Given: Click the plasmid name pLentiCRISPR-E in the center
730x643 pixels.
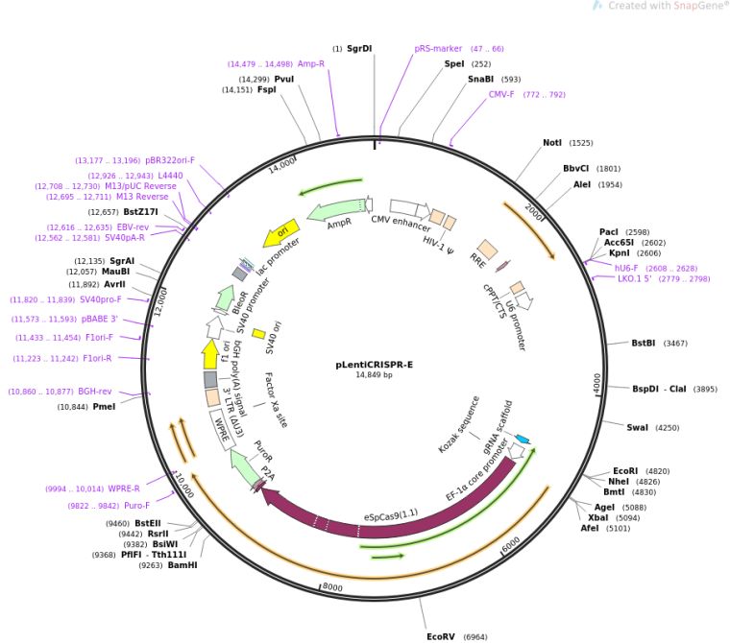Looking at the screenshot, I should [x=374, y=364].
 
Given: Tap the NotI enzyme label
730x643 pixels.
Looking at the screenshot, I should [x=552, y=143].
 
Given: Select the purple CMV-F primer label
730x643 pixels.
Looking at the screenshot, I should [x=501, y=95].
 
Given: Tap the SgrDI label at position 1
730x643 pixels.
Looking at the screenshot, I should [x=359, y=48].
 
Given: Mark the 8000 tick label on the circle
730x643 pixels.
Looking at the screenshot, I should [x=331, y=587].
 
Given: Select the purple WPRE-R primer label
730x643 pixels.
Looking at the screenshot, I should [x=125, y=488].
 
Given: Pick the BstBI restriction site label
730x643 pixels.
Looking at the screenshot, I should [x=644, y=343].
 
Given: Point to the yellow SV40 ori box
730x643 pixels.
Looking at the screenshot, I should [x=258, y=334].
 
